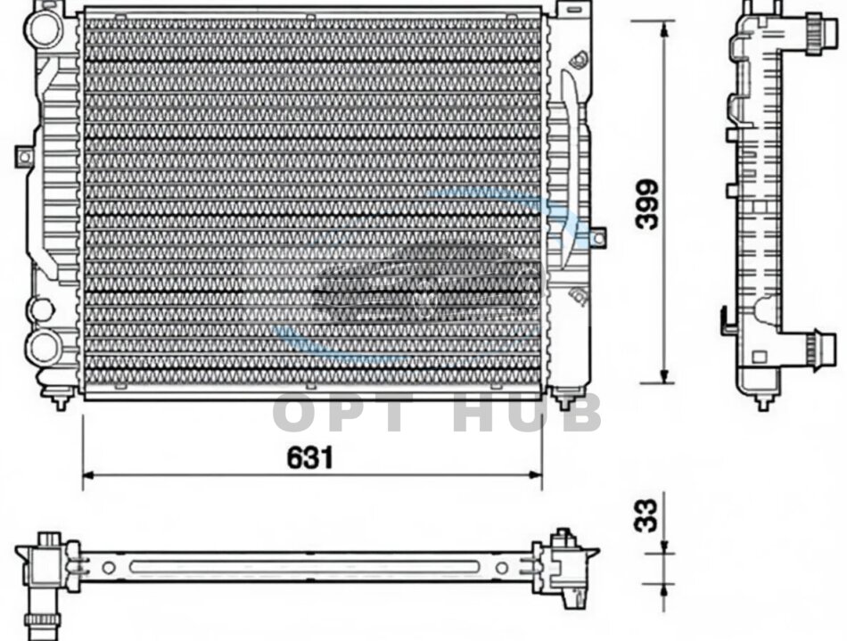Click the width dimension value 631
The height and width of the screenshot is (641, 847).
click(x=310, y=458)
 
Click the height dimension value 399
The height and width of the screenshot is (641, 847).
click(x=647, y=204)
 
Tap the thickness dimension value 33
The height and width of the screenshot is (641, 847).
click(x=646, y=515)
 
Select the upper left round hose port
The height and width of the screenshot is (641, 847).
click(x=45, y=27)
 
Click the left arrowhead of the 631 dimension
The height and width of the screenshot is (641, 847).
click(x=88, y=474)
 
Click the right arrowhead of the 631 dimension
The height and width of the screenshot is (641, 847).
click(x=535, y=474)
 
